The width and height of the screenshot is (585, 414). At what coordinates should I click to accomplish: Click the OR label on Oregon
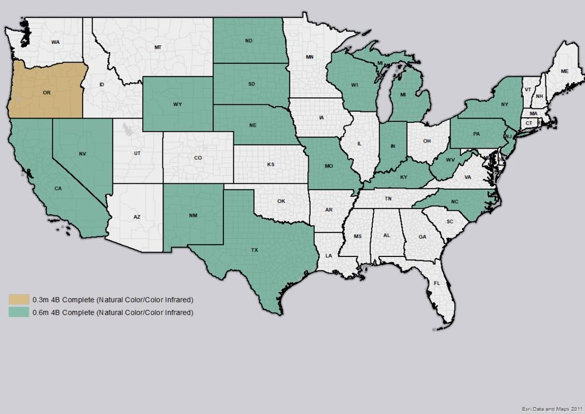[x=46, y=93]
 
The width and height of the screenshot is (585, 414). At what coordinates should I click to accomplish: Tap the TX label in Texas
[x=254, y=250]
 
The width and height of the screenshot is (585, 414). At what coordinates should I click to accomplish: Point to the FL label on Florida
[x=437, y=283]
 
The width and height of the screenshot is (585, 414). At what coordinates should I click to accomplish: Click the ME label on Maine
[x=564, y=71]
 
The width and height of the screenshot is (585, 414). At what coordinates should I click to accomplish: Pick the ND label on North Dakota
[x=249, y=41]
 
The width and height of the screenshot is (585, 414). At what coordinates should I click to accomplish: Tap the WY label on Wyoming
[x=177, y=104]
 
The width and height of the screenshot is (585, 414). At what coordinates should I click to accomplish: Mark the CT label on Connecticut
[x=529, y=124]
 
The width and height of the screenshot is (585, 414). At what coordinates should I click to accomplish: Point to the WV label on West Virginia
[x=451, y=160]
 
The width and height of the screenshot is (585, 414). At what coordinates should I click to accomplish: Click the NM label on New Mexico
[x=193, y=215]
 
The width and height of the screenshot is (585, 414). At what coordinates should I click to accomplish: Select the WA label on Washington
[x=55, y=42]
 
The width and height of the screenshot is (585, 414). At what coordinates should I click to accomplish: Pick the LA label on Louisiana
[x=329, y=255]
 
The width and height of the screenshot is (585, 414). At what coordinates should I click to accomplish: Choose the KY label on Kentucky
[x=404, y=176]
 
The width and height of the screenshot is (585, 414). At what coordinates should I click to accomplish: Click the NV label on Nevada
[x=83, y=154]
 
